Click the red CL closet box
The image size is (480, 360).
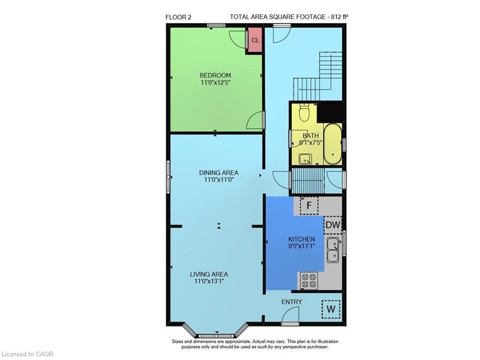tap(255, 40)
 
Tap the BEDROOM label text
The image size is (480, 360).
tap(215, 75)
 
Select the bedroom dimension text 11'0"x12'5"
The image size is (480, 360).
tap(215, 82)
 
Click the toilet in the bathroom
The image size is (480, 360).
tap(304, 112)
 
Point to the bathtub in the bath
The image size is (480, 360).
tap(332, 143)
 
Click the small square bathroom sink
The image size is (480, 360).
tap(306, 159)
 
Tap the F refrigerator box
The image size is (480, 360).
tap(309, 205)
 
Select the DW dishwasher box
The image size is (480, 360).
tap(333, 225)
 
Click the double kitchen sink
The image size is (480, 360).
tap(333, 250)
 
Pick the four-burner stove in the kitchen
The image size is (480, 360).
tap(308, 281)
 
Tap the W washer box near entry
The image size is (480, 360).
tap(331, 309)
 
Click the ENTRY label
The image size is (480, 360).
tap(292, 302)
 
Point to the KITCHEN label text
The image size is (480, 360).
tap(301, 239)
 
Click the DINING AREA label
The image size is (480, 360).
tap(218, 172)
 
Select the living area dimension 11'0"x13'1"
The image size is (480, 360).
tap(209, 281)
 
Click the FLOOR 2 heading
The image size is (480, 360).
tap(179, 17)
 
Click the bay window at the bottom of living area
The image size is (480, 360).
tap(216, 334)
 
